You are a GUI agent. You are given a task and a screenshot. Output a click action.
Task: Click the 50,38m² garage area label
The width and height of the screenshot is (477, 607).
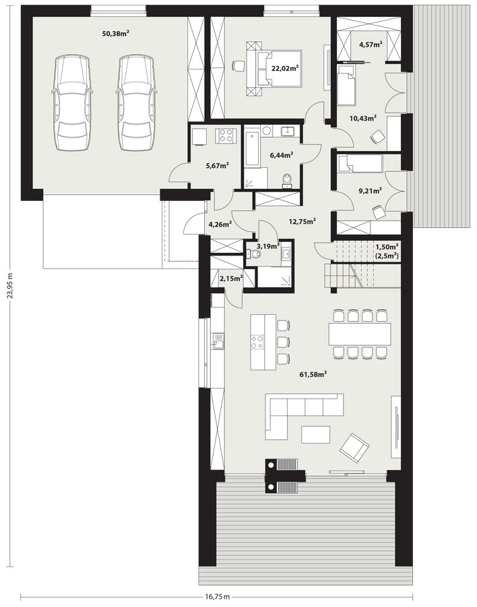(x=115, y=34)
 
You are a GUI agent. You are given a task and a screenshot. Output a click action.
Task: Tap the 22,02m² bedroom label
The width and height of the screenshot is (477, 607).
(x=285, y=69)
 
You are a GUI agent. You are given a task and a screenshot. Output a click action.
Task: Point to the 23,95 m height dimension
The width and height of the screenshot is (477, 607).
(x=11, y=286)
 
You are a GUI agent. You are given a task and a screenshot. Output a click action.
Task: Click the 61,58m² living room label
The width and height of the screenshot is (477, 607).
(x=313, y=374)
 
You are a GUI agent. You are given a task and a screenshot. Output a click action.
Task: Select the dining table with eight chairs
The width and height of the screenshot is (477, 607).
(x=359, y=333)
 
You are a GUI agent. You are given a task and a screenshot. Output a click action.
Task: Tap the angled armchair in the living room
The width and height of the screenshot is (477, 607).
(x=354, y=448)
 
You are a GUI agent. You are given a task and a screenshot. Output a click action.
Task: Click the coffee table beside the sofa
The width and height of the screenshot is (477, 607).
(x=316, y=435)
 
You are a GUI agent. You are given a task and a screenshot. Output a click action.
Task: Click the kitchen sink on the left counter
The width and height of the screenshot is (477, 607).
(x=218, y=341)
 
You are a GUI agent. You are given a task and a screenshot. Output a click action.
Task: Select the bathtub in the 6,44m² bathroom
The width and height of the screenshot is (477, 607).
(x=251, y=149)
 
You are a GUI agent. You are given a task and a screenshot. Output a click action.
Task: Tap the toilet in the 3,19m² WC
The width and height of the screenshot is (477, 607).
(x=255, y=254)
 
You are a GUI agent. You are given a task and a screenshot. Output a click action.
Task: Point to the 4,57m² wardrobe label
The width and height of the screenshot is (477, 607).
(x=371, y=44)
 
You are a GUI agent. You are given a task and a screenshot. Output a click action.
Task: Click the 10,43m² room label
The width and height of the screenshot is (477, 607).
(x=363, y=119)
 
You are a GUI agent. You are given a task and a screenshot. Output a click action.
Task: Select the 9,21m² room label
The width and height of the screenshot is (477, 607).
(x=371, y=190)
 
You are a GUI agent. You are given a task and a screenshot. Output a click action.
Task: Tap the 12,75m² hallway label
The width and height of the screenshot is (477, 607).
(x=303, y=222)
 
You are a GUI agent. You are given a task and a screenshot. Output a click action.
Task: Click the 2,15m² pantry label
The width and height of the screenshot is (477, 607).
(x=231, y=278)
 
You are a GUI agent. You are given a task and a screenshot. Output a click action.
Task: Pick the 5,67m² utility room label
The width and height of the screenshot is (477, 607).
(x=217, y=166)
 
